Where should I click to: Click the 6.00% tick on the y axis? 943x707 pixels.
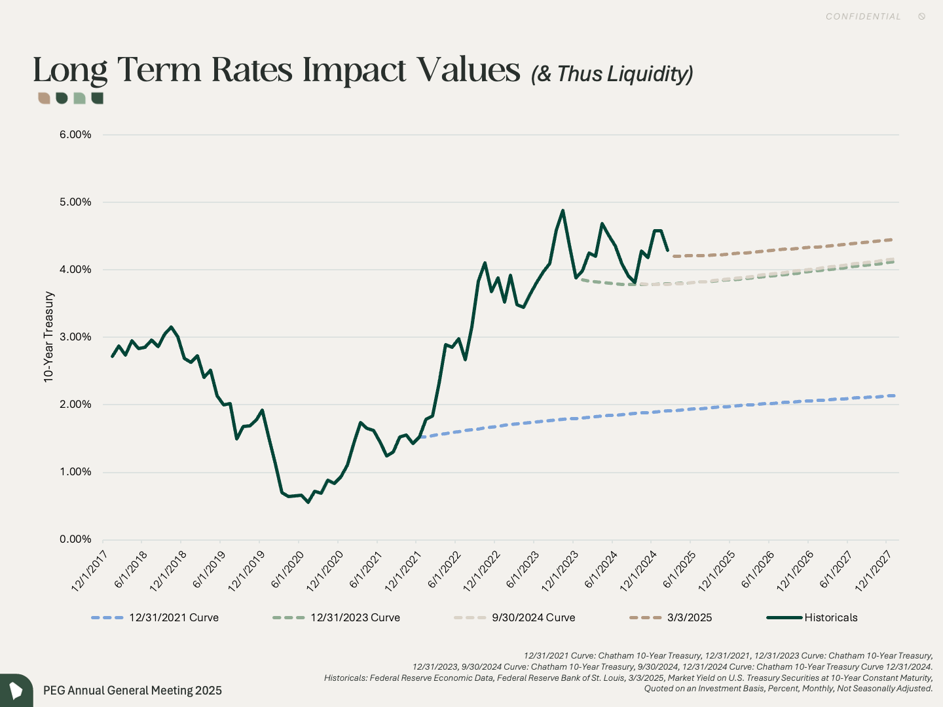click(75, 135)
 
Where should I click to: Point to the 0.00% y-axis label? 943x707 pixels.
click(75, 539)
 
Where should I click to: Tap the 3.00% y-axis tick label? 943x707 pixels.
click(75, 337)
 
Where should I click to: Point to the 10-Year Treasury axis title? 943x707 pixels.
click(48, 337)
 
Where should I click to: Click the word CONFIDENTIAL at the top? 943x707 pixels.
click(863, 16)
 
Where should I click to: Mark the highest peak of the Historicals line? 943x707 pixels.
click(563, 211)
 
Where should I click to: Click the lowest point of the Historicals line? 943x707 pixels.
click(308, 502)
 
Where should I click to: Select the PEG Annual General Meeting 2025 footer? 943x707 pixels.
click(132, 691)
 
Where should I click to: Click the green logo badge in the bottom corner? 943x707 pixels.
click(16, 691)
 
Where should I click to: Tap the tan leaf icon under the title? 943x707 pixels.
click(44, 98)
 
